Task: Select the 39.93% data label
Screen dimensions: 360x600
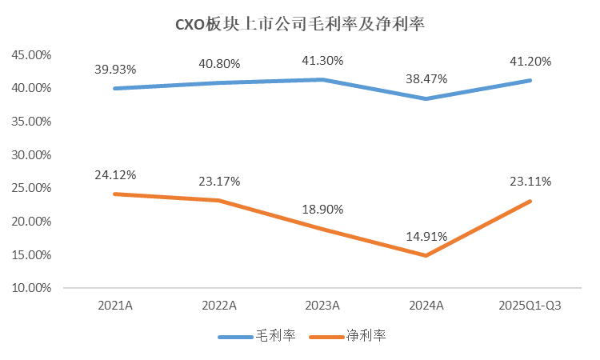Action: pyautogui.click(x=116, y=67)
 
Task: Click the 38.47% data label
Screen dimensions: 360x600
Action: pyautogui.click(x=426, y=78)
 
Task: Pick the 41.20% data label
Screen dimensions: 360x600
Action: pyautogui.click(x=530, y=60)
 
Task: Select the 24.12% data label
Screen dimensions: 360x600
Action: pyautogui.click(x=116, y=174)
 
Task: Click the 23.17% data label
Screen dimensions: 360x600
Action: pyautogui.click(x=219, y=181)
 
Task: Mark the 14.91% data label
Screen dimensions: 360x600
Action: pyautogui.click(x=426, y=236)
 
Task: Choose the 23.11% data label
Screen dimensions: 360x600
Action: pyautogui.click(x=530, y=182)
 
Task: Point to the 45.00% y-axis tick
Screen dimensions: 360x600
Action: pyautogui.click(x=31, y=55)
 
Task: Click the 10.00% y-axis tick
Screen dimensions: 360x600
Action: pyautogui.click(x=31, y=288)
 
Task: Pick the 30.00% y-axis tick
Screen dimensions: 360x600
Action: pyautogui.click(x=31, y=154)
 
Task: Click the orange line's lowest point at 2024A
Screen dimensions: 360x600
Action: pyautogui.click(x=426, y=255)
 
